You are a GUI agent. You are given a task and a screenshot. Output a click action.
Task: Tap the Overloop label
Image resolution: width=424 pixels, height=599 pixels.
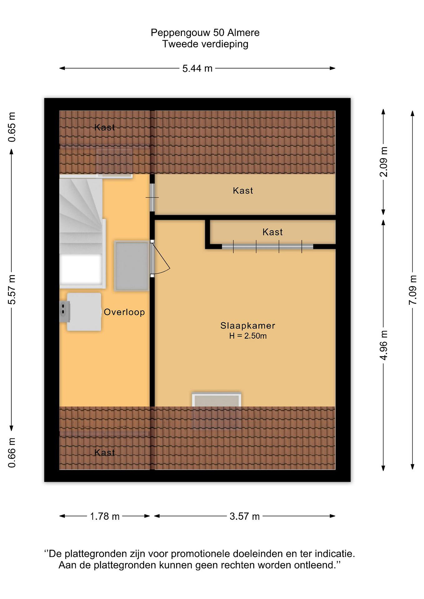(x=124, y=312)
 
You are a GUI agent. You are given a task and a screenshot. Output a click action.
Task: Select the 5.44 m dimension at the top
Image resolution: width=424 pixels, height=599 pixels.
(x=197, y=69)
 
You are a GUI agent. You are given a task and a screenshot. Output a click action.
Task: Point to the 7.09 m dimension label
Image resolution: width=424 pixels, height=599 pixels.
(x=413, y=290)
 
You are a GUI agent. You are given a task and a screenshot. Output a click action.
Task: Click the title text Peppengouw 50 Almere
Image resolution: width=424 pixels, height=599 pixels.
(x=205, y=33)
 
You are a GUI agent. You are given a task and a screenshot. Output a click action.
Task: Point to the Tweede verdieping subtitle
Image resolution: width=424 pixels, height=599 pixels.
(x=205, y=44)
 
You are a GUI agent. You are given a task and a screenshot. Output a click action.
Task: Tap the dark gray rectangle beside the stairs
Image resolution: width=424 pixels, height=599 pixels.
(x=132, y=266)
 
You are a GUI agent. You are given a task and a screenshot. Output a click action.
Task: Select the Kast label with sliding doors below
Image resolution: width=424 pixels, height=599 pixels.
(x=273, y=232)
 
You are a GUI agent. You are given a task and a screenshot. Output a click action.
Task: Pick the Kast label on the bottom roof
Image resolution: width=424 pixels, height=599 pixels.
(x=104, y=452)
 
